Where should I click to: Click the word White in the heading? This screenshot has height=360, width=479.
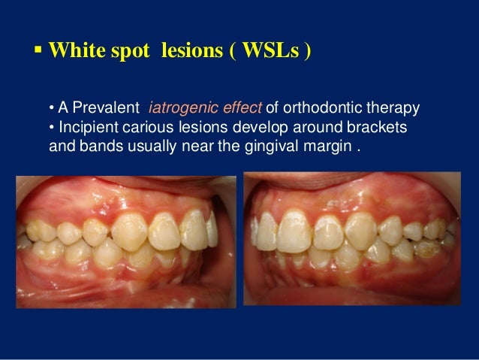pyautogui.click(x=74, y=54)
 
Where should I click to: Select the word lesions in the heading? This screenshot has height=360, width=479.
pyautogui.click(x=190, y=54)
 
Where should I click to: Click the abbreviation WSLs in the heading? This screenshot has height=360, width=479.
pyautogui.click(x=268, y=54)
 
